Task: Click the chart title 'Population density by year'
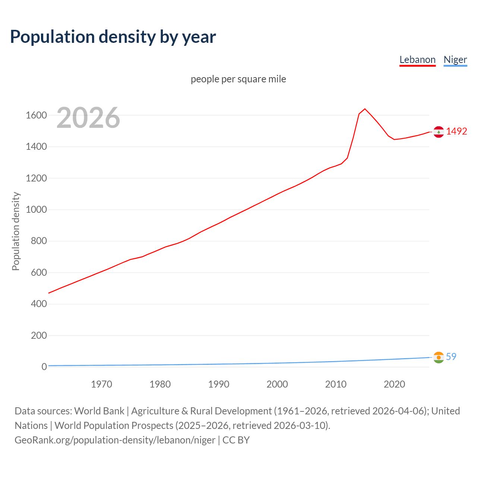(x=113, y=37)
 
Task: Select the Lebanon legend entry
(x=417, y=60)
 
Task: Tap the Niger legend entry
(x=455, y=60)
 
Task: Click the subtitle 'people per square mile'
(x=238, y=79)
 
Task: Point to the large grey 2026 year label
(x=88, y=118)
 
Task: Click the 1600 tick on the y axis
(x=36, y=115)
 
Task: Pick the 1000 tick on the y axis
(x=36, y=209)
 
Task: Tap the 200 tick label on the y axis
(x=39, y=335)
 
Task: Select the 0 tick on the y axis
(x=44, y=367)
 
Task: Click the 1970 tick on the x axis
(x=101, y=384)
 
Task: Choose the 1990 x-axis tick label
(x=219, y=384)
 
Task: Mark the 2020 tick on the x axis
(x=394, y=384)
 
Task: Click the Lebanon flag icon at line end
(x=439, y=132)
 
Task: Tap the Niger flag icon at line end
(x=439, y=357)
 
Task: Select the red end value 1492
(x=457, y=131)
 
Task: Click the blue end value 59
(x=451, y=357)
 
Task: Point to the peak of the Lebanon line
(x=365, y=109)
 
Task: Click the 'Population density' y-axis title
(x=16, y=231)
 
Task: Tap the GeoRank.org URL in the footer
(x=115, y=440)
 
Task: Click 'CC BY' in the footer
(x=236, y=440)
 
